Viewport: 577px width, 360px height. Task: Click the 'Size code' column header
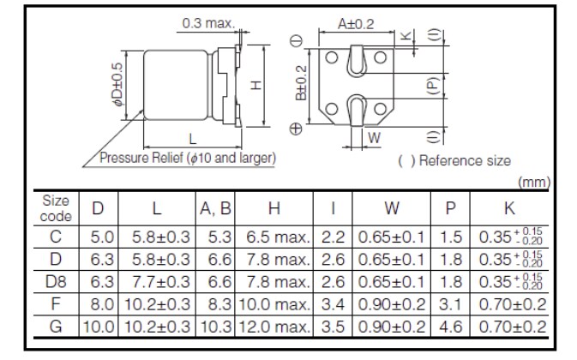(x=56, y=207)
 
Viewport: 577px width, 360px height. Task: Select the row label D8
(x=56, y=281)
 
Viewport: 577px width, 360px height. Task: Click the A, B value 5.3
(x=215, y=237)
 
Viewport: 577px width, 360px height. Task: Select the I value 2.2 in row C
(x=332, y=237)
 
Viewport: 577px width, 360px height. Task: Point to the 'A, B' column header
(x=215, y=207)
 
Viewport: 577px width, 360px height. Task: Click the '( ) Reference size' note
(x=454, y=160)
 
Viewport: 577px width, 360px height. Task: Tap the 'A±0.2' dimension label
(x=356, y=25)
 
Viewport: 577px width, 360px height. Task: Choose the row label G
(x=56, y=326)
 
